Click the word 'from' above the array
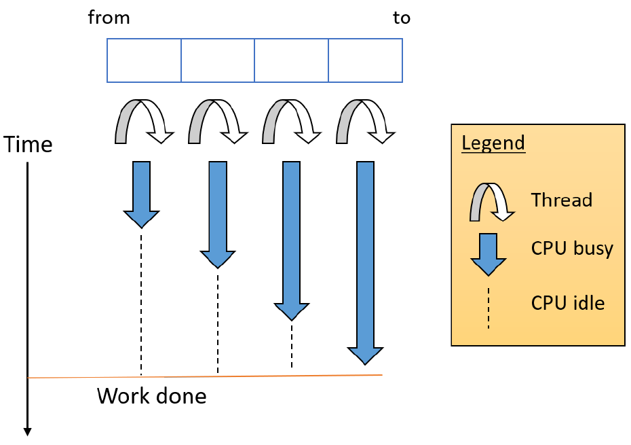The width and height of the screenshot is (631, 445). click(x=109, y=18)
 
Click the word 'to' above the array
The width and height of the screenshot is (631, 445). click(x=402, y=18)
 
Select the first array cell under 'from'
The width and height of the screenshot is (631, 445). click(x=144, y=60)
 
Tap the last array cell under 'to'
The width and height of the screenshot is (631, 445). click(x=365, y=60)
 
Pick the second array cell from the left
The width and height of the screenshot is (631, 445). click(x=218, y=60)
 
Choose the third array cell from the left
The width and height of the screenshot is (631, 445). click(x=292, y=60)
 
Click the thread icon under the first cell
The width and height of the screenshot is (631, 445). click(x=143, y=122)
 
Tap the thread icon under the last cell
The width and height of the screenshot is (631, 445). click(x=365, y=122)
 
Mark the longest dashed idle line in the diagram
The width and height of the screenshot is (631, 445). click(x=141, y=302)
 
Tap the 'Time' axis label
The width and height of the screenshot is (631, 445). click(x=28, y=145)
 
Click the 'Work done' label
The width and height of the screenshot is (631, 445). click(x=151, y=396)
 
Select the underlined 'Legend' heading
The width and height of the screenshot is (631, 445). click(x=493, y=143)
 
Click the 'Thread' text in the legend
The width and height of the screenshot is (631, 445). click(x=561, y=200)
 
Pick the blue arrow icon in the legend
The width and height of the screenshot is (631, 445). click(x=488, y=253)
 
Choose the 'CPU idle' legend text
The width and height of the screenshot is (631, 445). click(x=567, y=303)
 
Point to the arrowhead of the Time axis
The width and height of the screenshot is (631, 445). click(x=28, y=431)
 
